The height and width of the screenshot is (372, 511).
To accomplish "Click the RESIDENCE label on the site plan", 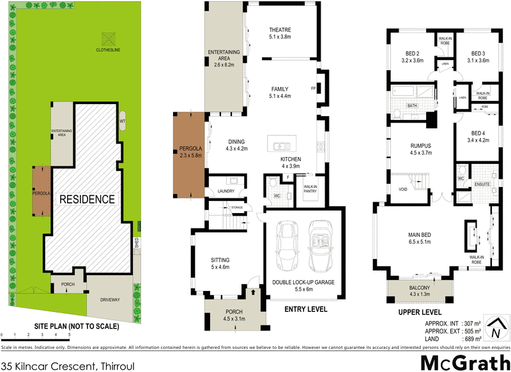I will [88, 199].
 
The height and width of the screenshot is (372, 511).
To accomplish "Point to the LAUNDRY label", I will [226, 191].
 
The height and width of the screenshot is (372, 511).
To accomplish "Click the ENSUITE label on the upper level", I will [482, 184].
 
